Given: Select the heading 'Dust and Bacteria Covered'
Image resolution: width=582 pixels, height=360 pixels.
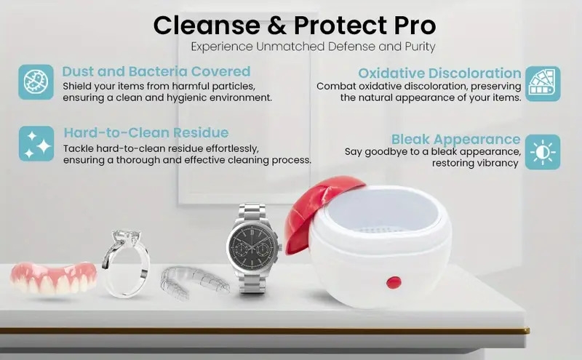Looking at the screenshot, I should tap(156, 71).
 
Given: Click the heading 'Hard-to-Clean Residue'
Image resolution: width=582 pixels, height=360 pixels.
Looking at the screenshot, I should tap(145, 132).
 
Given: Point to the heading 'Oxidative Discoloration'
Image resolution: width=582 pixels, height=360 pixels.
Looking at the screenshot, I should tap(439, 73).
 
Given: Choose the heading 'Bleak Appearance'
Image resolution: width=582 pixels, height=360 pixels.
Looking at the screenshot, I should tap(455, 139).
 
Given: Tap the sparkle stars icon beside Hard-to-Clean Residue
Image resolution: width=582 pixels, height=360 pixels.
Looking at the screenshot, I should tap(36, 143).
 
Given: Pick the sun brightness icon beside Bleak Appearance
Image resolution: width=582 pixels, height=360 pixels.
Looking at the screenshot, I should tap(543, 152).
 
